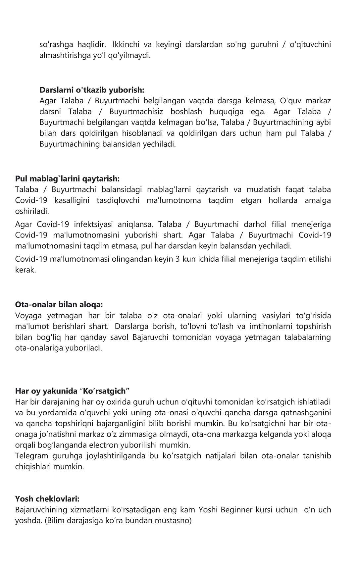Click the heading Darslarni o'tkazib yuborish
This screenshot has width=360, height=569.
[92, 90]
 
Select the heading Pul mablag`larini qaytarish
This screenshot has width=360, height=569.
[67, 179]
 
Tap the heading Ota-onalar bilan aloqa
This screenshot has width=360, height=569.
[59, 304]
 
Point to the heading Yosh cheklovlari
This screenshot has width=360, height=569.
[47, 499]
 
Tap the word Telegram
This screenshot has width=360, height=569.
[31, 456]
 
